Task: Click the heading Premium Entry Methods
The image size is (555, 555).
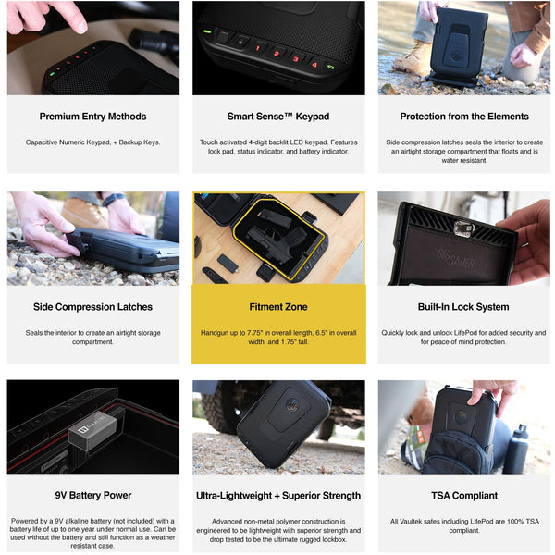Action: click(92, 117)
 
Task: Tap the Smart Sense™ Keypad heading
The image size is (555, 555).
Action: click(278, 117)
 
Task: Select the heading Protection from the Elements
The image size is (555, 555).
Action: click(464, 117)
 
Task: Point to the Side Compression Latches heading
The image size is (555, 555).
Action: click(92, 307)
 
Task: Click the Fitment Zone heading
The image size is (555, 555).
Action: click(278, 307)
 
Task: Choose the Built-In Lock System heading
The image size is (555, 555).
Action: click(463, 307)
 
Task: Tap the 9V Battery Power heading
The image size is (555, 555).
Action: click(93, 495)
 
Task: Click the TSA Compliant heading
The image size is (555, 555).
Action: click(464, 496)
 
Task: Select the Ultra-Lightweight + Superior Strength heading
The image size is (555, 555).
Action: click(278, 496)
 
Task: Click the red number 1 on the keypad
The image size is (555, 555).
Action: click(258, 48)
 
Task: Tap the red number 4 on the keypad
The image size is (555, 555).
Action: click(314, 64)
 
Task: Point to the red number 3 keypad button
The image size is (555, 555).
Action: click(295, 59)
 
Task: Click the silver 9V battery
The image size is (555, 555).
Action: click(92, 429)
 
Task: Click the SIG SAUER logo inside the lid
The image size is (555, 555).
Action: click(455, 258)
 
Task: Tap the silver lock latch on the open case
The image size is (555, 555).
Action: click(463, 229)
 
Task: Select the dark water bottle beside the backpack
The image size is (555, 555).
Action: click(516, 449)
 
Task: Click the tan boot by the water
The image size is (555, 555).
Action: click(413, 57)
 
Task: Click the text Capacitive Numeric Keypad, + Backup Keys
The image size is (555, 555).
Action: click(92, 142)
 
